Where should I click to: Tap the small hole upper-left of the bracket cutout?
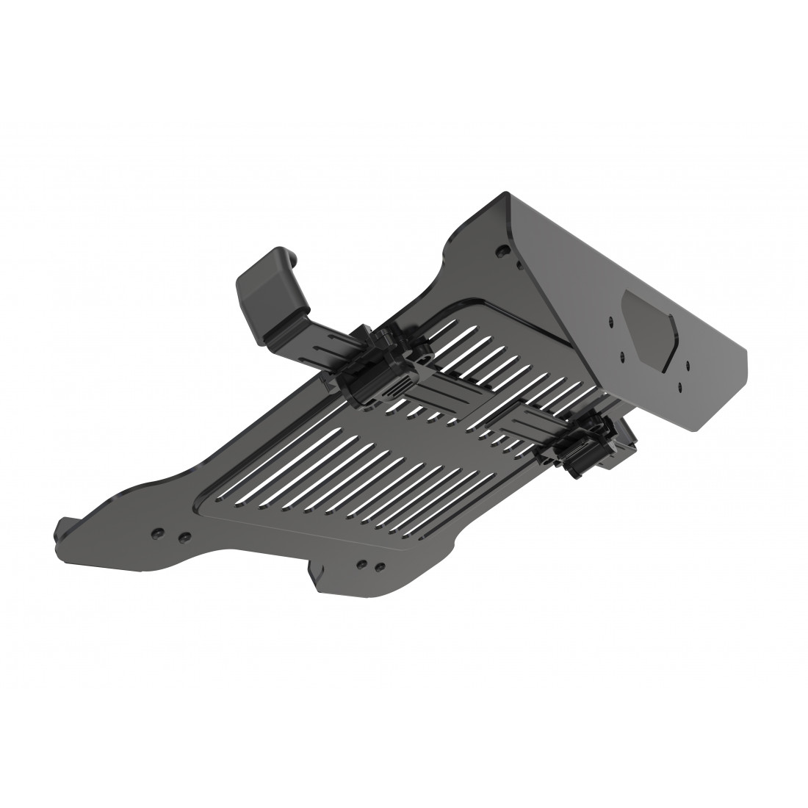[609, 321]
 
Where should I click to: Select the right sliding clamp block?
[588, 444]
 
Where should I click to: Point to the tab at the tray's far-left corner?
[65, 530]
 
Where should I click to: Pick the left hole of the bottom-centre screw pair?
[361, 564]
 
